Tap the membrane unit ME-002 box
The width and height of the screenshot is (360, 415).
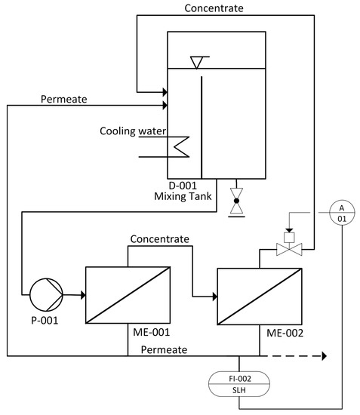point(259,296)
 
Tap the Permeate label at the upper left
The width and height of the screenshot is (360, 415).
point(63,98)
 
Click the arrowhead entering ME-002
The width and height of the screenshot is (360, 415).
point(213,296)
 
